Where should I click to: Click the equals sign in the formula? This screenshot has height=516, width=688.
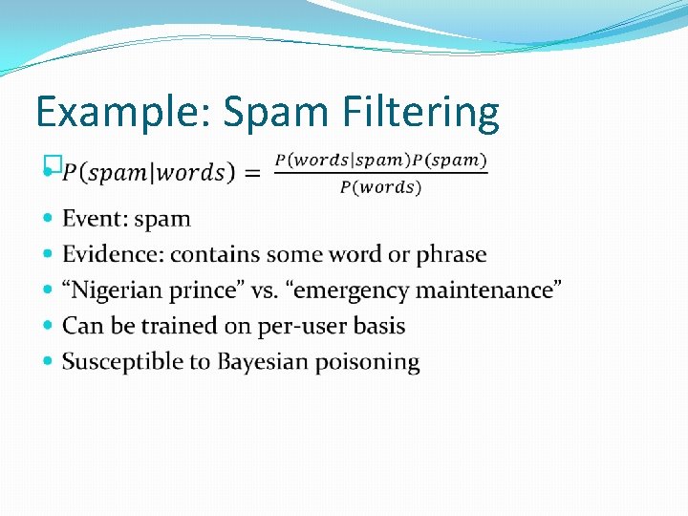click(252, 173)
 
